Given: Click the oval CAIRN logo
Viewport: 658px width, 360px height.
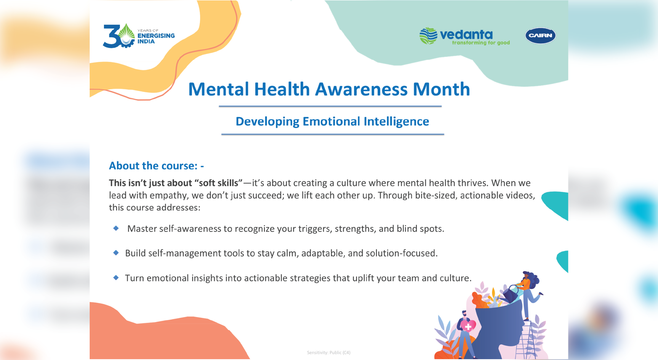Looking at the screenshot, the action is (x=540, y=35).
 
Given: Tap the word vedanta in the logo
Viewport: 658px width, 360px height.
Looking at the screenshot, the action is (x=466, y=35).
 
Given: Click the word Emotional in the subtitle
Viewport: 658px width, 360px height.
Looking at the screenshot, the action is (x=331, y=121).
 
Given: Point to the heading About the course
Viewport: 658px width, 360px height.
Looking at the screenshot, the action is (x=156, y=166).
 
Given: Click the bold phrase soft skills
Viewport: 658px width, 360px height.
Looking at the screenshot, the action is (x=218, y=183).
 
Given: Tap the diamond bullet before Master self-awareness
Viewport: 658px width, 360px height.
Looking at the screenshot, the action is (x=116, y=228).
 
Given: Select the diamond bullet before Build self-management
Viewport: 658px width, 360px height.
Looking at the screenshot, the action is (x=116, y=253).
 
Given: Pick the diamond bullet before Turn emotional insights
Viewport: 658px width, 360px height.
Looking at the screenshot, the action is (x=116, y=277).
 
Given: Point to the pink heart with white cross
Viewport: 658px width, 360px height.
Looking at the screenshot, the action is (x=468, y=326).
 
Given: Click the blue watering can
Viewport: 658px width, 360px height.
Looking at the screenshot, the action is (x=511, y=293).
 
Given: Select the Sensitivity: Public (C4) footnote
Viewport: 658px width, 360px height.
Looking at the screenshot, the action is (x=329, y=352).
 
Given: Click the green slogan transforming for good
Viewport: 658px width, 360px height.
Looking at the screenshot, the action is (x=481, y=43).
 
